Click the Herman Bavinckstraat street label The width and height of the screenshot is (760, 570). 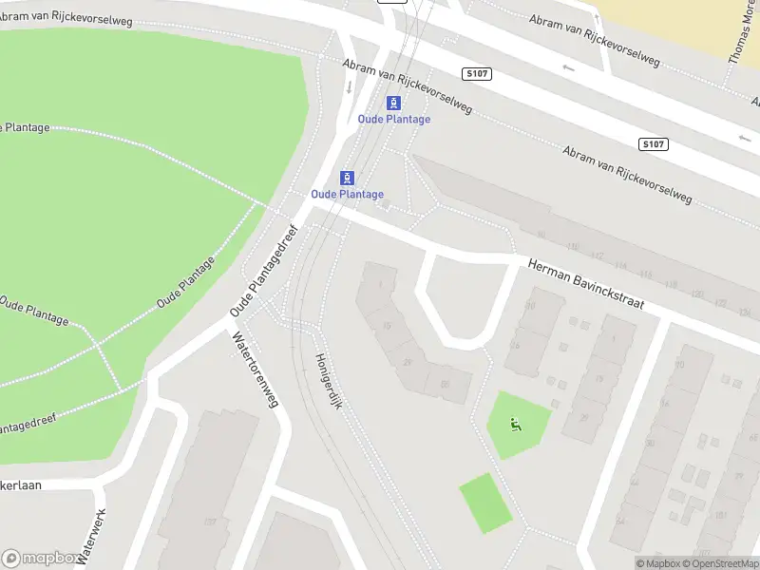click(x=586, y=284)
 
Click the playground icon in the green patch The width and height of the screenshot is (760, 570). click(x=516, y=425)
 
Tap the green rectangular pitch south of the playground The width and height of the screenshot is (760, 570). click(x=485, y=503)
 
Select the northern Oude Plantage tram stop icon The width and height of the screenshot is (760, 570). click(x=393, y=103)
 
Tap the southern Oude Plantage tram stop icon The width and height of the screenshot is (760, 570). click(x=348, y=178)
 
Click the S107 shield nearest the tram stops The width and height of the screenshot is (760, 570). click(x=478, y=74)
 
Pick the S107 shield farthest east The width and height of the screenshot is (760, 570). click(x=653, y=144)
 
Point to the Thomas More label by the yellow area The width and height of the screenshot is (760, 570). click(x=738, y=33)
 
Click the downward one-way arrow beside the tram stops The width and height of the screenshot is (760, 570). click(x=349, y=86)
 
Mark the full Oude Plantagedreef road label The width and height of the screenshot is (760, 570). click(x=264, y=272)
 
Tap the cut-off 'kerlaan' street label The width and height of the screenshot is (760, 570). click(x=21, y=484)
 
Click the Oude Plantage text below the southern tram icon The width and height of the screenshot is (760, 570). click(x=348, y=195)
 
